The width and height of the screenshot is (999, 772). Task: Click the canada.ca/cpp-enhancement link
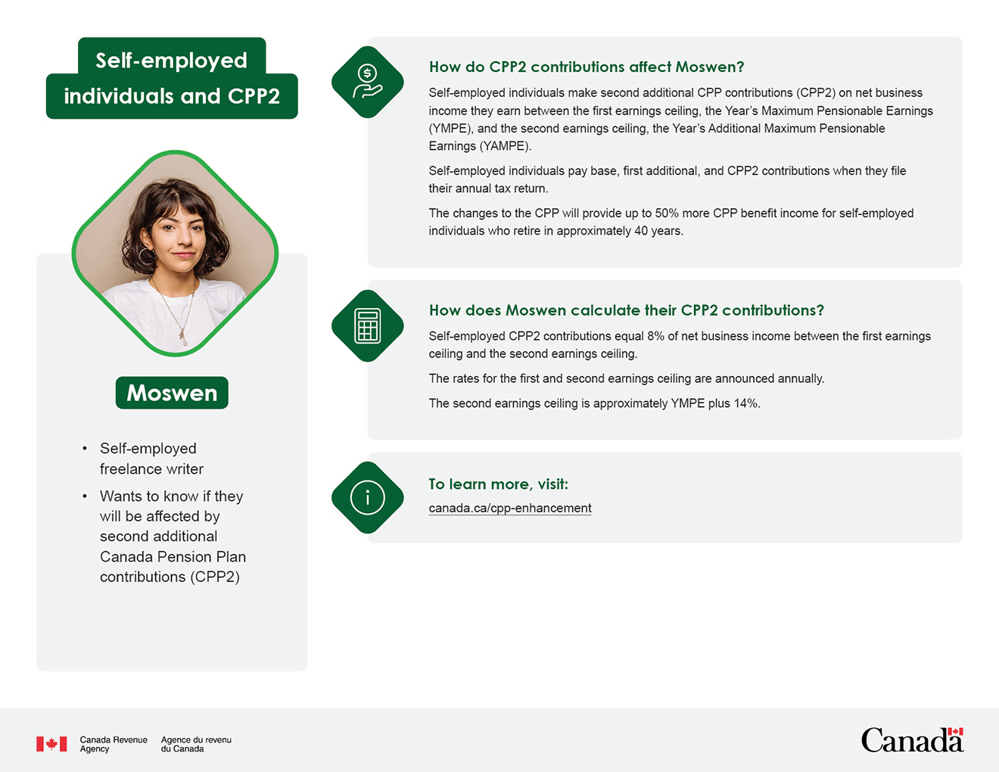click(509, 508)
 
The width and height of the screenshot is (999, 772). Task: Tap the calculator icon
click(368, 325)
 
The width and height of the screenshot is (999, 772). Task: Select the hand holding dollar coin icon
click(368, 82)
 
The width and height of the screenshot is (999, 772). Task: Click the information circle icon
click(368, 497)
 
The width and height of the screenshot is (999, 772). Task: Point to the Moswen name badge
click(172, 393)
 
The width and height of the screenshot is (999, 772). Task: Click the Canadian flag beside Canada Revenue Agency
click(51, 744)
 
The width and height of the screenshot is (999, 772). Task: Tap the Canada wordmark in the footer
click(912, 740)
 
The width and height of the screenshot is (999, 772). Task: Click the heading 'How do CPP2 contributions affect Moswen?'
click(587, 67)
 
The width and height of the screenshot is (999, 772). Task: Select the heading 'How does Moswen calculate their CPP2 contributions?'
click(626, 310)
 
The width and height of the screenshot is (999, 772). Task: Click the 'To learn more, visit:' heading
click(498, 484)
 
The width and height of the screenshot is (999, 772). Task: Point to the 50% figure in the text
click(668, 213)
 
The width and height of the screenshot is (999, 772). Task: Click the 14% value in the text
click(745, 403)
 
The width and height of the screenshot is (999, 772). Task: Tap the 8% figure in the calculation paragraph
click(655, 336)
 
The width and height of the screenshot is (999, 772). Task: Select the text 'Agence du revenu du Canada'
click(196, 744)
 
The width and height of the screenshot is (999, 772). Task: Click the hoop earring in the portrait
click(144, 256)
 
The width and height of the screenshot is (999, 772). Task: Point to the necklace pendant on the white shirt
click(182, 333)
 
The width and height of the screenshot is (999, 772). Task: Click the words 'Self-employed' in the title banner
click(172, 60)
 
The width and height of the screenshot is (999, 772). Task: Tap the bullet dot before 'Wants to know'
click(85, 497)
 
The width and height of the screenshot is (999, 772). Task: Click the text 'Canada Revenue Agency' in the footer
click(114, 744)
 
